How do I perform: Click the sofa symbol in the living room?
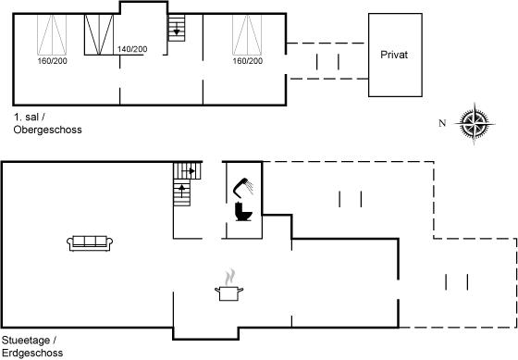pyautogui.click(x=90, y=243)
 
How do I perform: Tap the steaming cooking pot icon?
pyautogui.click(x=229, y=286)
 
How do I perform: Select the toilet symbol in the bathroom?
pyautogui.click(x=243, y=212)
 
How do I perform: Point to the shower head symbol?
pyautogui.click(x=243, y=187)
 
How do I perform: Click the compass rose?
pyautogui.click(x=475, y=124)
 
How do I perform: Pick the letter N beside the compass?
pyautogui.click(x=442, y=123)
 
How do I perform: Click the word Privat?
pyautogui.click(x=394, y=55)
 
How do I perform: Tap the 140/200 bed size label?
pyautogui.click(x=132, y=49)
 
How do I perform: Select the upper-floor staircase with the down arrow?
pyautogui.click(x=177, y=28)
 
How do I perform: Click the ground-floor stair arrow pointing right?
pyautogui.click(x=191, y=171)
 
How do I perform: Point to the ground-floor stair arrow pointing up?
pyautogui.click(x=181, y=189)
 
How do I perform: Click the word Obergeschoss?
pyautogui.click(x=47, y=130)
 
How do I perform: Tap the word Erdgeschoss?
pyautogui.click(x=32, y=353)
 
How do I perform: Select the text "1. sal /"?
pyautogui.click(x=29, y=117)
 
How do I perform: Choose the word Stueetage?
pyautogui.click(x=26, y=341)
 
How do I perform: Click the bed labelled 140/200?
pyautogui.click(x=99, y=34)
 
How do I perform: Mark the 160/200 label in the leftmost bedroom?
pyautogui.click(x=52, y=61)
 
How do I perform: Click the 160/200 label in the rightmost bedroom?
pyautogui.click(x=248, y=61)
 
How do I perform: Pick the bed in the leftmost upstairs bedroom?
pyautogui.click(x=52, y=35)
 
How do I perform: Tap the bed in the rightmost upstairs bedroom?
pyautogui.click(x=247, y=35)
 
